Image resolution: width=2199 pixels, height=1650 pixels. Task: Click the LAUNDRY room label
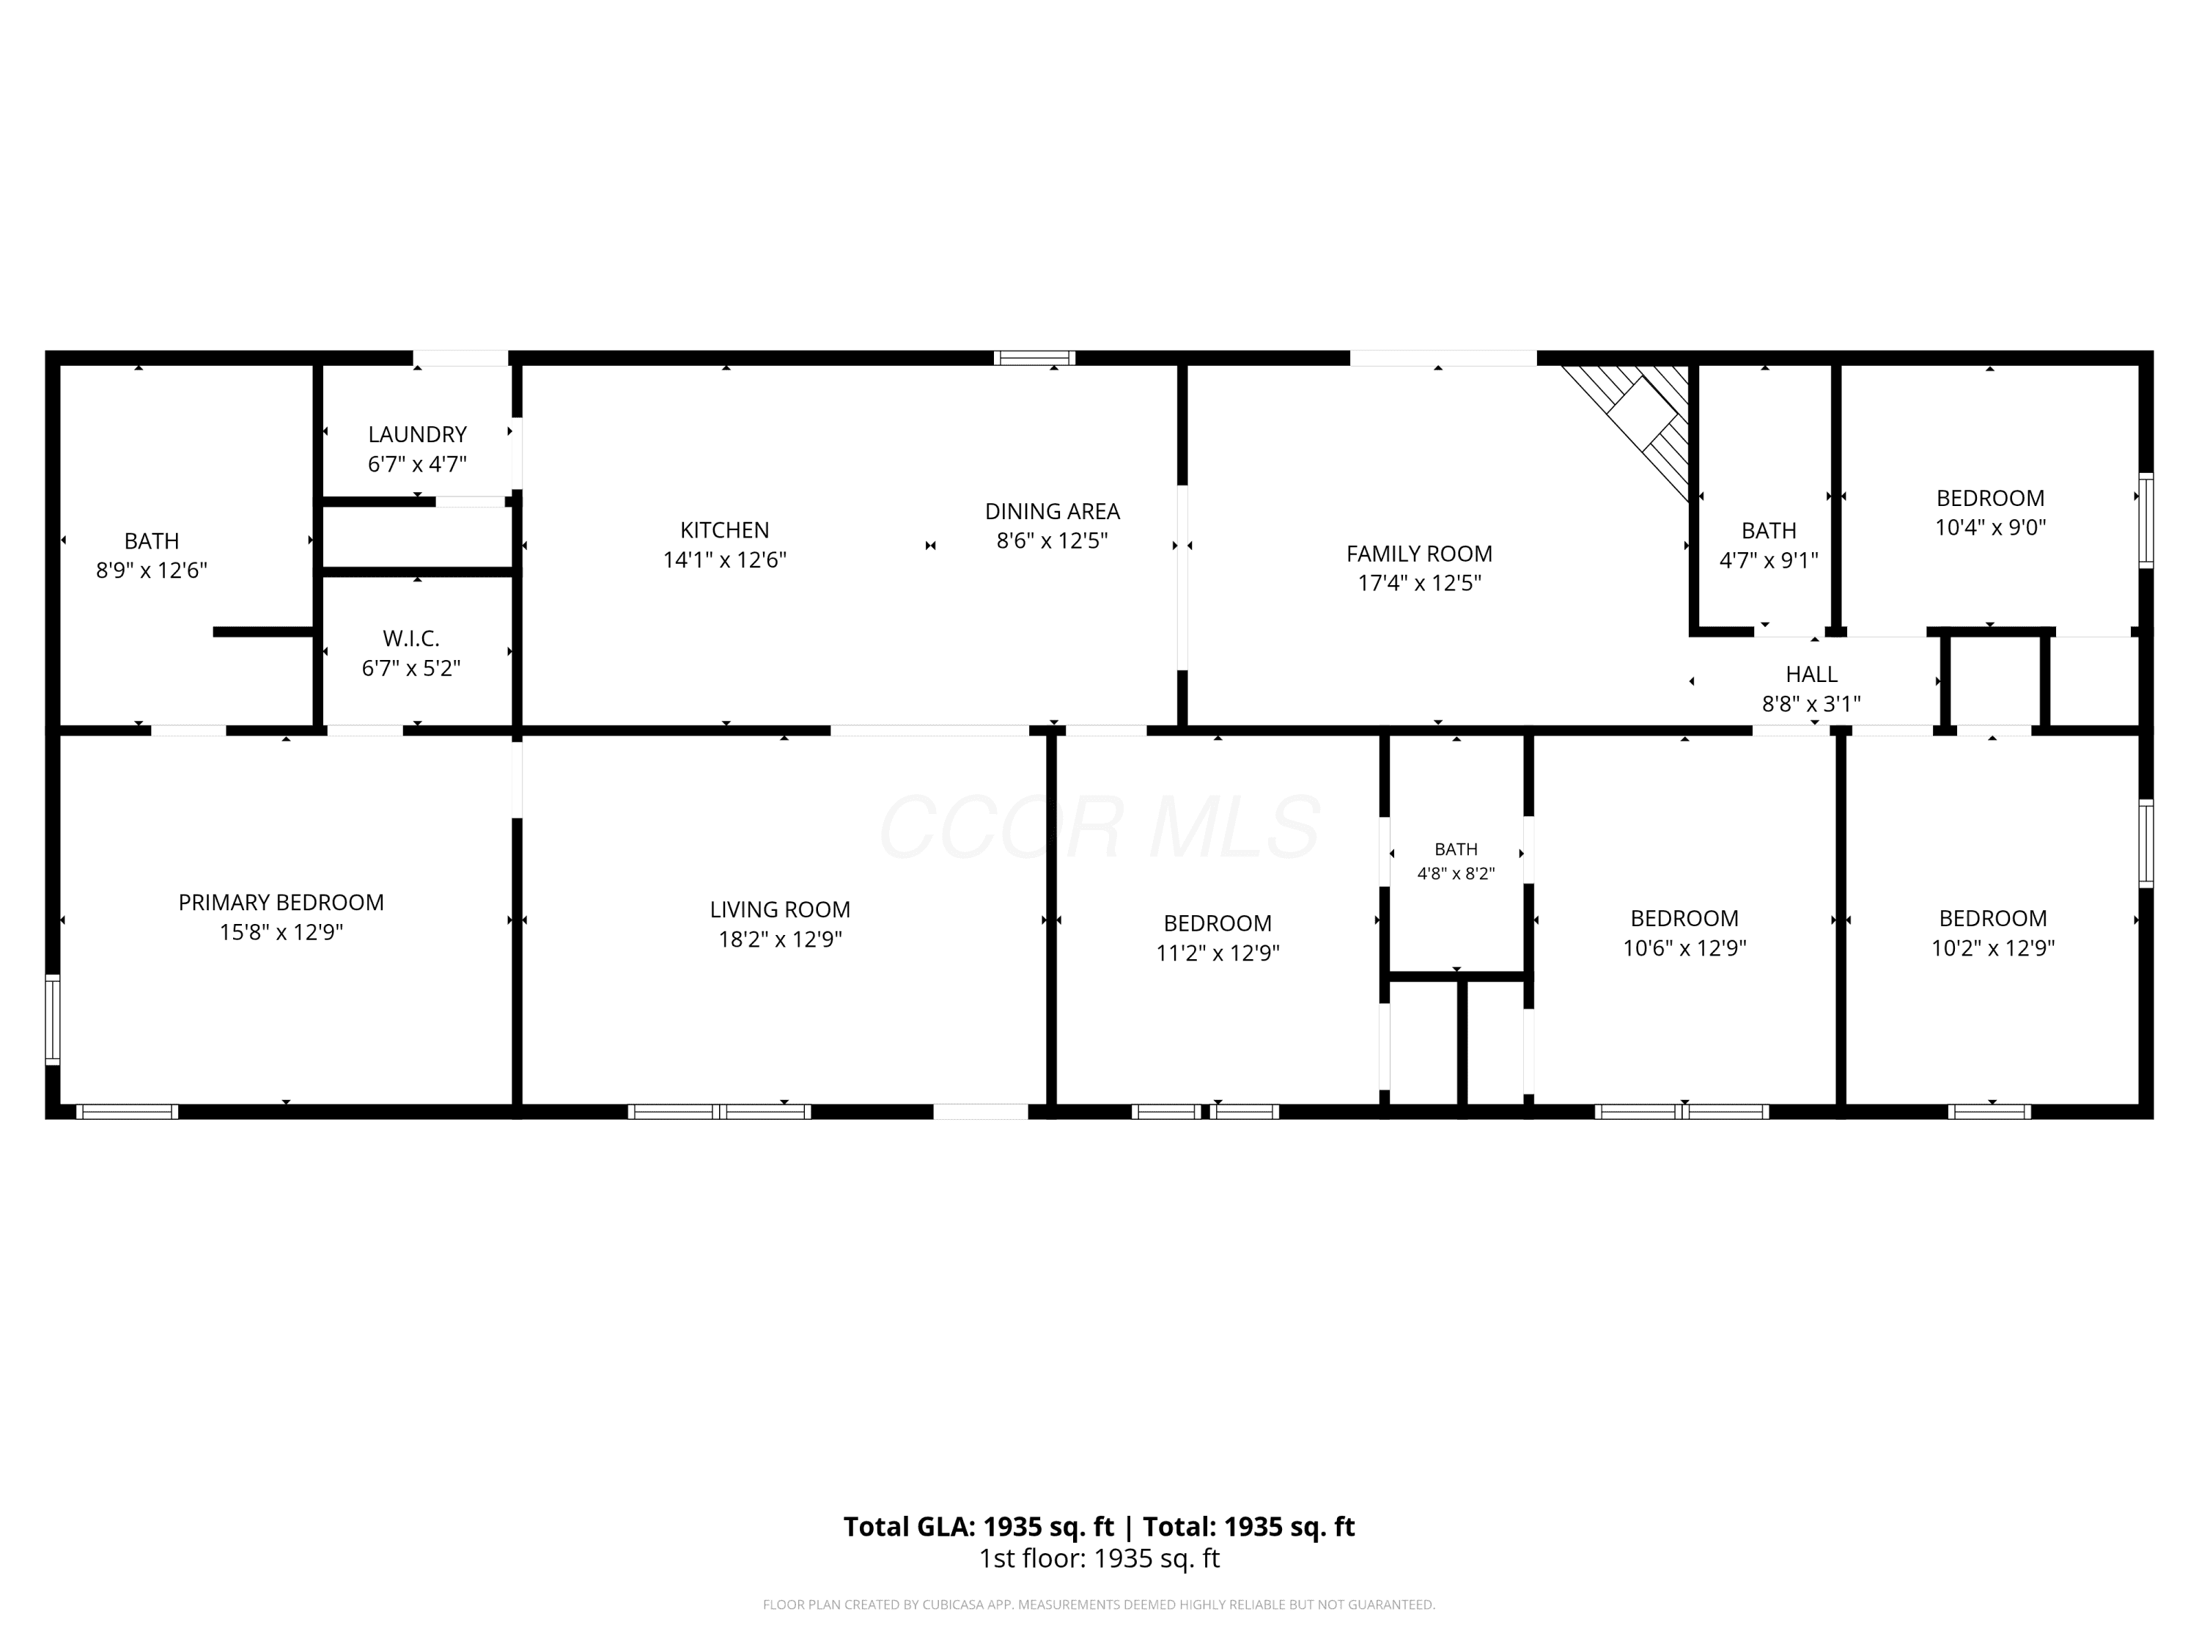(418, 435)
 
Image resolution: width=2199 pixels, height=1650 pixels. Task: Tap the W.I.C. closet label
(410, 639)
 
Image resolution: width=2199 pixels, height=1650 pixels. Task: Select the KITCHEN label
(725, 530)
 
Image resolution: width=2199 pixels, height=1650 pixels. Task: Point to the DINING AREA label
(1052, 511)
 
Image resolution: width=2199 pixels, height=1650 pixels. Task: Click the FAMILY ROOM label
(1420, 554)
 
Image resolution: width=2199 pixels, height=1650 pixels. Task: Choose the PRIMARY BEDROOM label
(281, 903)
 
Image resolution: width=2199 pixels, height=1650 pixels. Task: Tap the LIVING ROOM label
(781, 910)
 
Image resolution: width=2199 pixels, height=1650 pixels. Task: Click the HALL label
(1811, 675)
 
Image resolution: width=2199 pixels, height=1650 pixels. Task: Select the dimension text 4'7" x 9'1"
(1769, 560)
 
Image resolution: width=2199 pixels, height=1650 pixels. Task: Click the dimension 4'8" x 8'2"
(1456, 874)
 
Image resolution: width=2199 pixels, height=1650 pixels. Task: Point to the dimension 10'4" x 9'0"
(1990, 527)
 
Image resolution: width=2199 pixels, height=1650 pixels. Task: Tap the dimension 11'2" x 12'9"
(1218, 953)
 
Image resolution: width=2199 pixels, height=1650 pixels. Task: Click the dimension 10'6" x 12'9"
(1685, 947)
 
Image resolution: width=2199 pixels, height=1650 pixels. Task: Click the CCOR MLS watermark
(1099, 826)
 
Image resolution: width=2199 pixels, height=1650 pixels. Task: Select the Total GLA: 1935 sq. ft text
(979, 1527)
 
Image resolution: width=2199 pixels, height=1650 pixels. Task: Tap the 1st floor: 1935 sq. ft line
(1099, 1558)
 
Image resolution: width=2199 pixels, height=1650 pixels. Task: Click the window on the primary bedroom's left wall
(53, 1021)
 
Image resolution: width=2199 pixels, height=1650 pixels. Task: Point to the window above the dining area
(1035, 358)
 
